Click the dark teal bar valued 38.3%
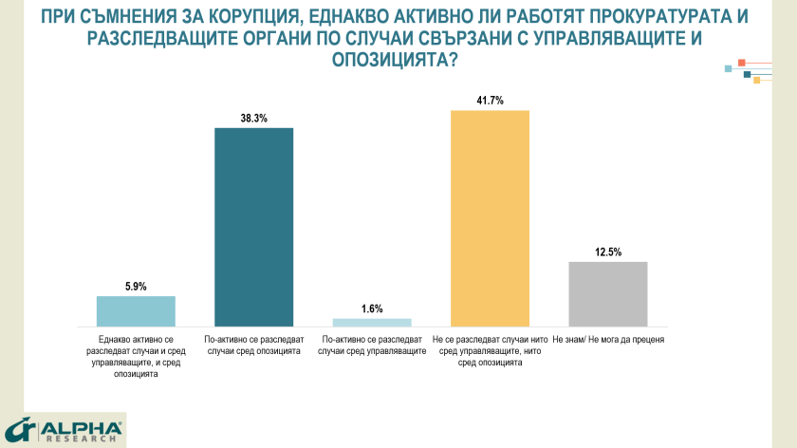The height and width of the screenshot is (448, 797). click(x=253, y=227)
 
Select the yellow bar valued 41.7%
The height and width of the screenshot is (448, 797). click(x=490, y=218)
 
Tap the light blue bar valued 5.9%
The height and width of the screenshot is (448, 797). click(x=136, y=311)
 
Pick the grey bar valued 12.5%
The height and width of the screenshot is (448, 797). click(x=607, y=294)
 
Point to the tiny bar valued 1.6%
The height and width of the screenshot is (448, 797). click(x=372, y=323)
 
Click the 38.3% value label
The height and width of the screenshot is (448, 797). click(x=253, y=119)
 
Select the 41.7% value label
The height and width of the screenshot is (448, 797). click(x=490, y=101)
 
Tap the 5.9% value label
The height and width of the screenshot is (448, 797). click(x=136, y=287)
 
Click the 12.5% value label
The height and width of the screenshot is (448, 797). click(x=607, y=252)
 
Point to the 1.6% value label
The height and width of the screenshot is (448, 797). click(x=372, y=309)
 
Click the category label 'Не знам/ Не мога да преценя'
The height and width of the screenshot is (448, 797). click(x=607, y=339)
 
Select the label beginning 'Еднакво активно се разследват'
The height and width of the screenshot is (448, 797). click(x=136, y=356)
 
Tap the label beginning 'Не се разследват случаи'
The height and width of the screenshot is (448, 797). click(x=490, y=350)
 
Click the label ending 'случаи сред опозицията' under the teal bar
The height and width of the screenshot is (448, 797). click(x=253, y=345)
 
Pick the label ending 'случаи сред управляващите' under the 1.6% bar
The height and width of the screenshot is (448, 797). click(x=372, y=345)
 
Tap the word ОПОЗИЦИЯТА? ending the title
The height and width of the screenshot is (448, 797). click(x=398, y=59)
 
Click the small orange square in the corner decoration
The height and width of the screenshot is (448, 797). click(x=741, y=63)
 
